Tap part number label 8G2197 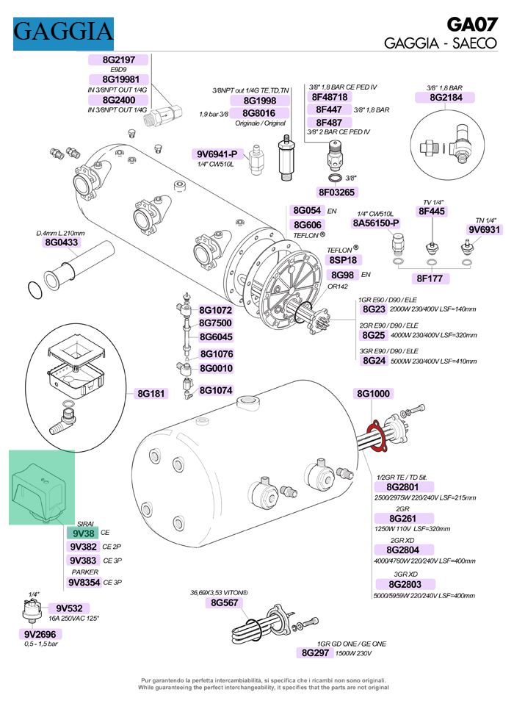[x=117, y=60]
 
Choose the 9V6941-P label [x=217, y=154]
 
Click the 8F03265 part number [x=336, y=192]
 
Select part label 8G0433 [x=62, y=242]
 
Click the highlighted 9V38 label [x=83, y=533]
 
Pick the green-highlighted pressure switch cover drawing [x=42, y=487]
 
